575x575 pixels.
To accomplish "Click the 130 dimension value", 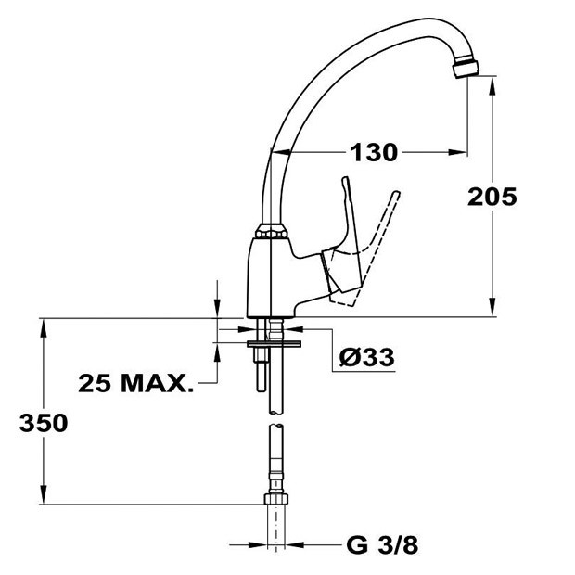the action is pos(374,152).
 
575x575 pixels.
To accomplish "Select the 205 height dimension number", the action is pos(492,197).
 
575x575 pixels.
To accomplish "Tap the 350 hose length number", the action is pos(44,423).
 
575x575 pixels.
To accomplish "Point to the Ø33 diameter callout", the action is pos(366,357).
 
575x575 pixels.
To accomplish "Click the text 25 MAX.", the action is pos(136,384).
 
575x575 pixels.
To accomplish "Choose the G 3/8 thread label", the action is pos(382,545).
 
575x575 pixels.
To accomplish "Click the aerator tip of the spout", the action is pos(466,70).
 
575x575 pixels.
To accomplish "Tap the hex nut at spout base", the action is pos(272,234).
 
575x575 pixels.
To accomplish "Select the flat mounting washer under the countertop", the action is pos(274,343).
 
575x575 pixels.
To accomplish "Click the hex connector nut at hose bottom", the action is pos(275,499).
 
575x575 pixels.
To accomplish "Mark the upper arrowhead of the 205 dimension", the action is pos(492,85).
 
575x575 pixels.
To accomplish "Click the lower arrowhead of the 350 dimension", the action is pos(44,494).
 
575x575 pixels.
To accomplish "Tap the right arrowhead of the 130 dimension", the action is pos(457,152).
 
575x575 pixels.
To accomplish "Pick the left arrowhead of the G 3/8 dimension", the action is pos(257,545).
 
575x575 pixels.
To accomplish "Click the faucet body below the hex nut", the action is pos(270,278).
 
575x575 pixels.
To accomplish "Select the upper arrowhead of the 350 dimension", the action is pos(44,328).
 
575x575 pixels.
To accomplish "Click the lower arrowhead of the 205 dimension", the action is pos(492,307).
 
